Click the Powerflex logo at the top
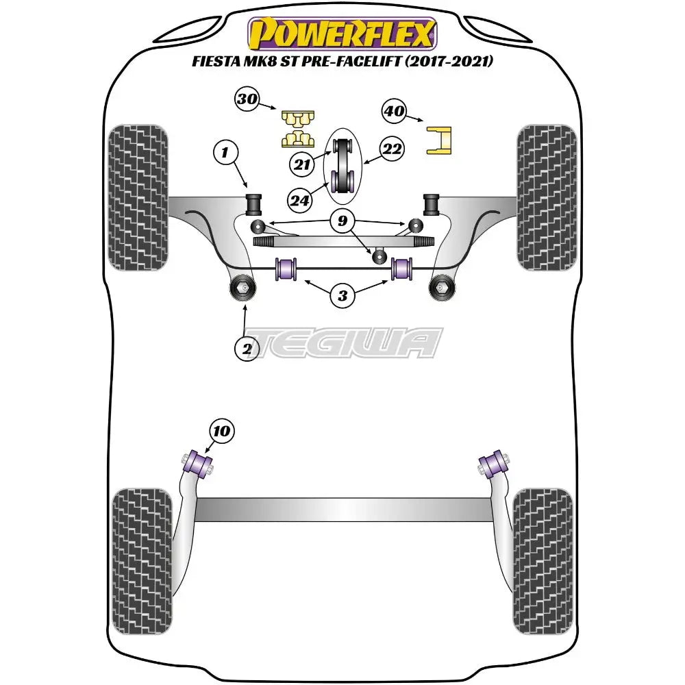tap(342, 34)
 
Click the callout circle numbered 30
tap(247, 99)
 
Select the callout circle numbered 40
tap(395, 111)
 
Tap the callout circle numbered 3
tap(342, 296)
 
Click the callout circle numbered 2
tap(247, 349)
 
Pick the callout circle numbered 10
tap(223, 431)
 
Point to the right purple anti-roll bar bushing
tap(401, 268)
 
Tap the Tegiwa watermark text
tap(342, 342)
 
